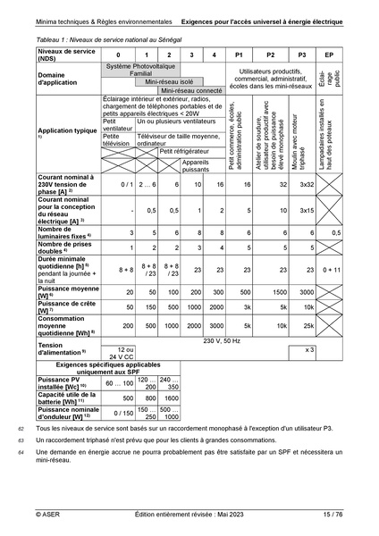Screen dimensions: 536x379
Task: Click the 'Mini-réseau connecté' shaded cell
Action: (x=191, y=90)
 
